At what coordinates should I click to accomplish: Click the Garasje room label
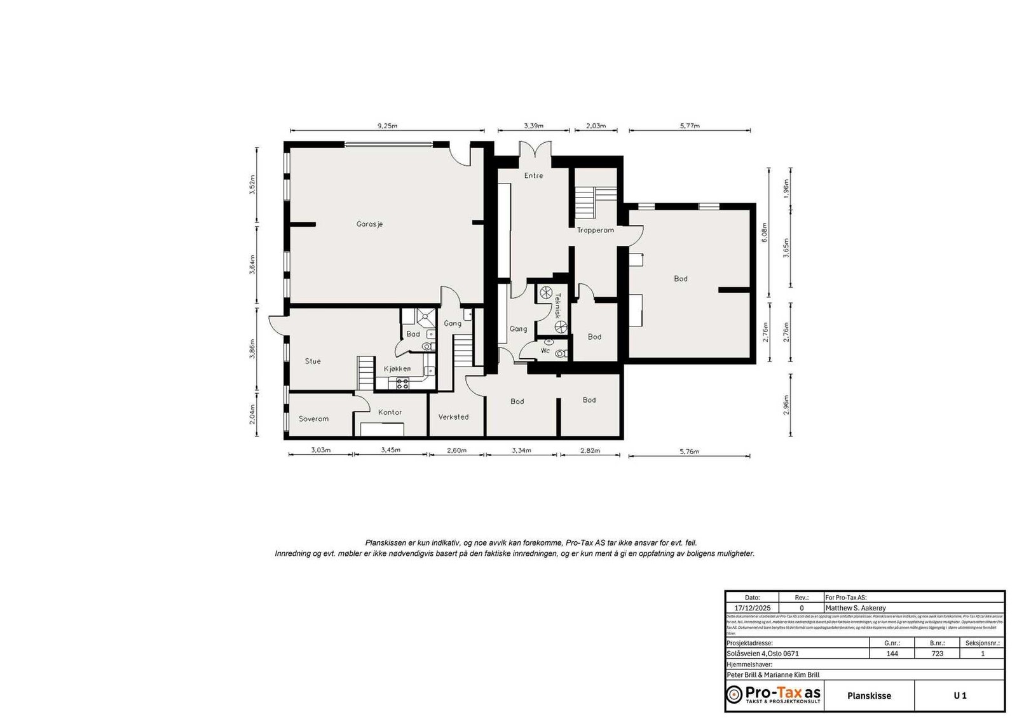tap(369, 224)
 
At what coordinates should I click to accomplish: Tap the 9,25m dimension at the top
tap(387, 126)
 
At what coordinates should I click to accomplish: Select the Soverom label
tap(313, 419)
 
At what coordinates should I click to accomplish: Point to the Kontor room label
tap(390, 412)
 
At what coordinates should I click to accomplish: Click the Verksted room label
tap(453, 417)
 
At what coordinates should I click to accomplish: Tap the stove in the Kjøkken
tap(402, 383)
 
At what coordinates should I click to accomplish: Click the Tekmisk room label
tap(557, 305)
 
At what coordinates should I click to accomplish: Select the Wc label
tap(545, 351)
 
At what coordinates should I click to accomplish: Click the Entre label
tap(533, 175)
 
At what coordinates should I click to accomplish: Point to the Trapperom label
tap(595, 230)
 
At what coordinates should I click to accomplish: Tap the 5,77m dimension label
tap(690, 126)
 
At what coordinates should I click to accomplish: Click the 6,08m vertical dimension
tap(765, 232)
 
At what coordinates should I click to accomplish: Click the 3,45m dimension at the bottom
tap(390, 450)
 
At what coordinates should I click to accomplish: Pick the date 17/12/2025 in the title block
tap(752, 608)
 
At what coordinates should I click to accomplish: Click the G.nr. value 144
tap(892, 653)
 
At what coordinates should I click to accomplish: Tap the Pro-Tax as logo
tap(774, 694)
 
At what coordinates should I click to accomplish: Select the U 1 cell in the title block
tap(959, 695)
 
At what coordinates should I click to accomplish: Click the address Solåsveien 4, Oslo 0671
tap(763, 653)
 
